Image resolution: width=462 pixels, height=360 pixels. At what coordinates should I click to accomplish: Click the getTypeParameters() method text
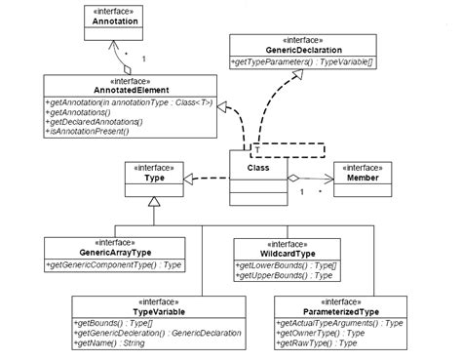pyautogui.click(x=289, y=61)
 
